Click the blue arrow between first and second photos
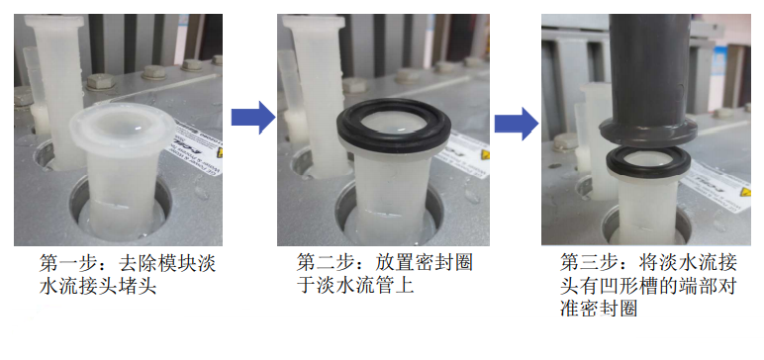(253, 118)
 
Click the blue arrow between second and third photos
(517, 124)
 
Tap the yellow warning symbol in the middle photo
(485, 155)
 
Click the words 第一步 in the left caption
(62, 264)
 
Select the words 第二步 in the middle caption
(320, 263)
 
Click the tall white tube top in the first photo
(54, 22)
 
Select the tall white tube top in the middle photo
(313, 22)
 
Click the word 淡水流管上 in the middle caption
(354, 287)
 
